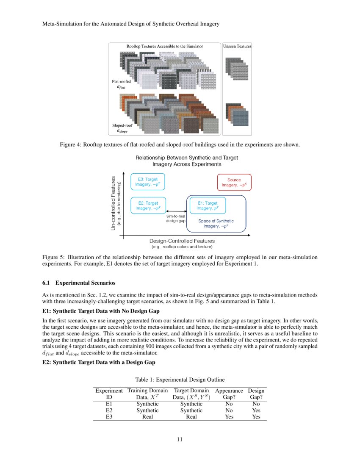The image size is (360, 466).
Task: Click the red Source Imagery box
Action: point(234,183)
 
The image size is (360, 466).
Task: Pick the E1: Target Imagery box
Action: point(208,206)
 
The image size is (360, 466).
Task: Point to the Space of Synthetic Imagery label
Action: point(216,224)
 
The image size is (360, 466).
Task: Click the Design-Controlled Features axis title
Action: point(182,241)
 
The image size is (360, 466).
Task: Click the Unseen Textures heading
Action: point(237,46)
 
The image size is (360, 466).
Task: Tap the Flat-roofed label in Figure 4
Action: point(121,80)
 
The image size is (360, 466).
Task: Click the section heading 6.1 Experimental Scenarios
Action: point(79,283)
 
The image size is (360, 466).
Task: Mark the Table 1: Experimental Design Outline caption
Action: point(180,380)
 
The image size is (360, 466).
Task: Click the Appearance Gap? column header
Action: point(229,394)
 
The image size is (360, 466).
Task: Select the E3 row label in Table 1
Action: point(109,417)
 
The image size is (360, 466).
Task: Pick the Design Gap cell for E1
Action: point(255,404)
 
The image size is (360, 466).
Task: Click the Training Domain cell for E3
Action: point(147,417)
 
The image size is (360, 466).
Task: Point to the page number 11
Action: point(180,439)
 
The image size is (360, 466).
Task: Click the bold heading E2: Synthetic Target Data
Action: point(99,362)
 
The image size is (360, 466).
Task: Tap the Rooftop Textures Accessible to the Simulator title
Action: point(164,46)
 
